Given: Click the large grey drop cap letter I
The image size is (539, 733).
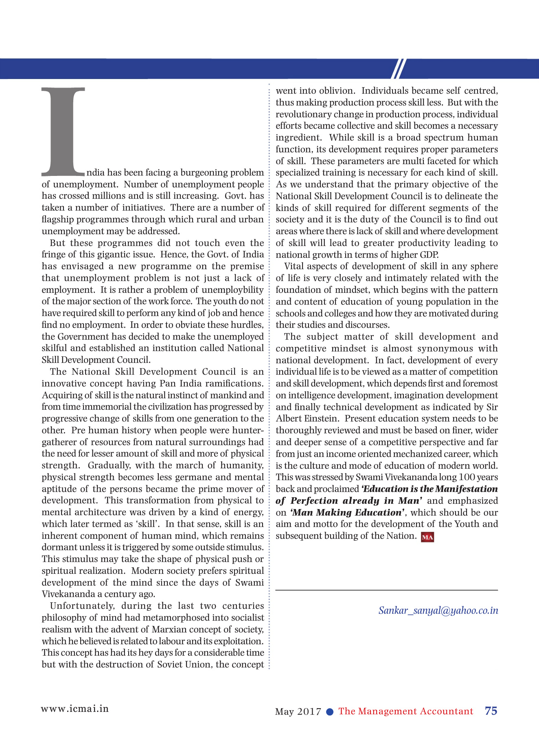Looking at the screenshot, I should coord(63,130).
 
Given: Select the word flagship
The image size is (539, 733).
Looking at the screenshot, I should coord(57,219).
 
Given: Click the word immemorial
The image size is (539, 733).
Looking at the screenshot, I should coord(107,407).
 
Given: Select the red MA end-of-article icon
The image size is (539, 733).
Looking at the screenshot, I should coord(427,537).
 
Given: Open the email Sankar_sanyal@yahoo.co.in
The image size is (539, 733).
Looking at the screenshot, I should coord(438,610).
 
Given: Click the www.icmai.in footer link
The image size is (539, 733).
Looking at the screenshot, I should coord(75,709).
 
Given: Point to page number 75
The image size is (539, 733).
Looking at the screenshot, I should coord(491,711).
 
